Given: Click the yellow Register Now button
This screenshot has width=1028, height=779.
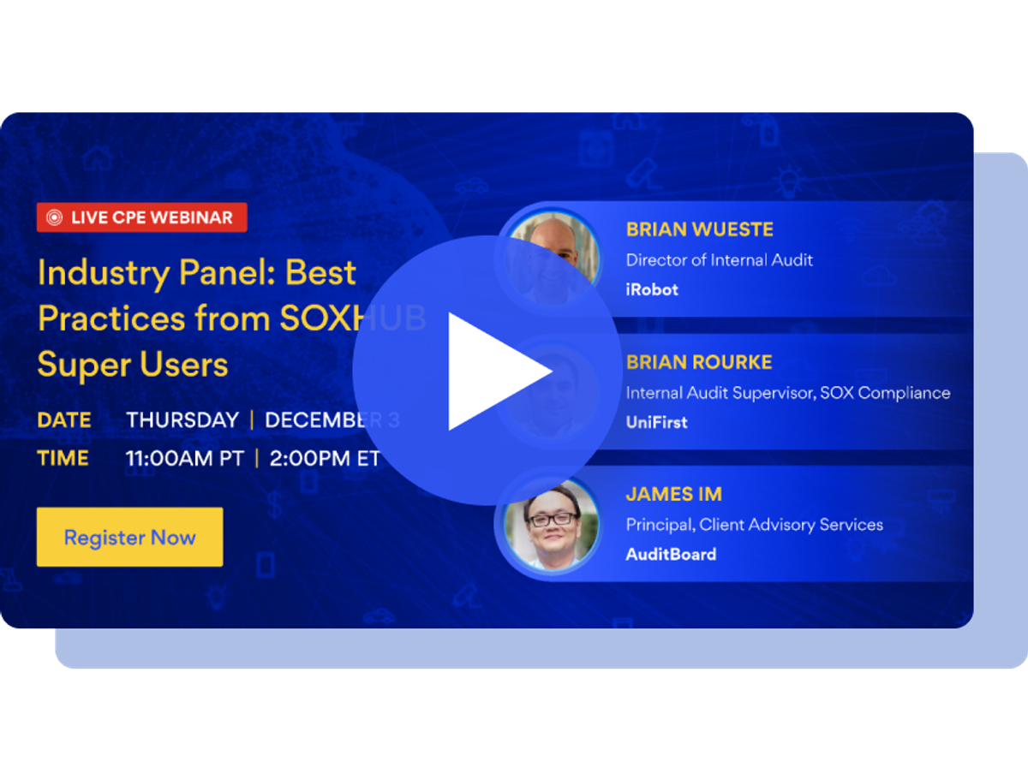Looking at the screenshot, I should [x=129, y=537].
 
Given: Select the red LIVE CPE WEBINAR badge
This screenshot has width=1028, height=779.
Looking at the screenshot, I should [x=142, y=217].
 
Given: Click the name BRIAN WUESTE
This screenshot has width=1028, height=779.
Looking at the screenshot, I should [x=699, y=229].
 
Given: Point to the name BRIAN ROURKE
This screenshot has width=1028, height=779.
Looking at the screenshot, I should [x=699, y=362].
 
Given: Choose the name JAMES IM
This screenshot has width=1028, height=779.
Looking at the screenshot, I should [x=673, y=494].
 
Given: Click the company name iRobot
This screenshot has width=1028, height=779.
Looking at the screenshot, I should [x=652, y=289].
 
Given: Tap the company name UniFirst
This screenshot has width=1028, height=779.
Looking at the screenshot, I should [x=656, y=422].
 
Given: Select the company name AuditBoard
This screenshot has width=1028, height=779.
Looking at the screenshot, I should [x=671, y=554].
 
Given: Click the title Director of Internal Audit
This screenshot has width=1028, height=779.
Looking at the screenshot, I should [x=720, y=259].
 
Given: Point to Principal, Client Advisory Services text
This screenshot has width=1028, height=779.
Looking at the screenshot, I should [x=754, y=524].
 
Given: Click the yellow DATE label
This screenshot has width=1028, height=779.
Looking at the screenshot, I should [x=64, y=420].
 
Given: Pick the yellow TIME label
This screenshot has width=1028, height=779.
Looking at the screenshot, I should [x=63, y=458].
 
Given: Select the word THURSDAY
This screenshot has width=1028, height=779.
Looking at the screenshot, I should [x=182, y=420].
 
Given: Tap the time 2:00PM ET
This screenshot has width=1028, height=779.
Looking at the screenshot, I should [x=324, y=458].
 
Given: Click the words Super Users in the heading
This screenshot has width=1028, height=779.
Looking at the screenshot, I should [x=133, y=365].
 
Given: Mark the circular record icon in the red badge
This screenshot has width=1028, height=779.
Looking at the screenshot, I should [x=54, y=217].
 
